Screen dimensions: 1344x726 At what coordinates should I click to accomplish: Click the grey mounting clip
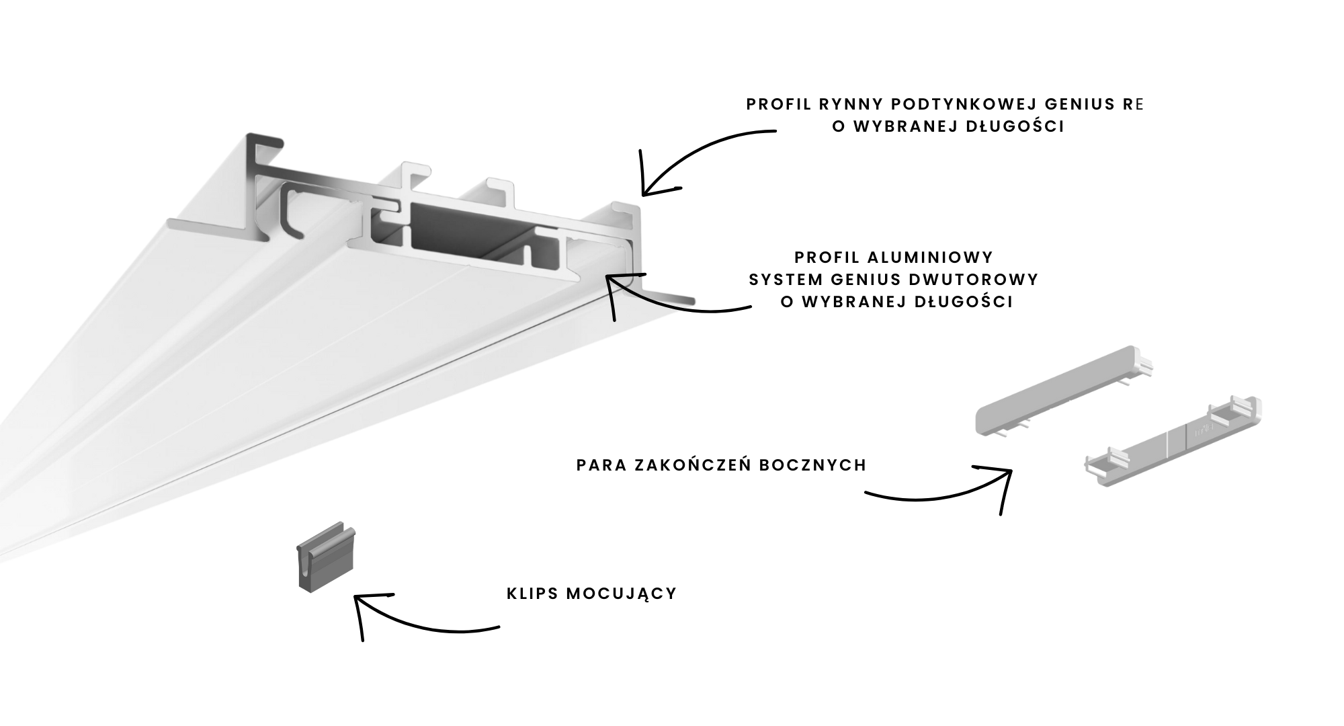[x=327, y=557]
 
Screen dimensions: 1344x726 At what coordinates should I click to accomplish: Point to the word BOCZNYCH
[x=813, y=465]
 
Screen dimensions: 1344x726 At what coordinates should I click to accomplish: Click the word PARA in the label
[x=601, y=465]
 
